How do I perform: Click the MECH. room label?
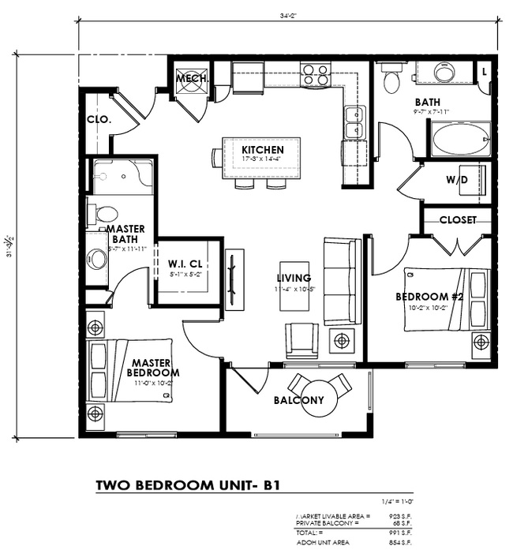coord(192,79)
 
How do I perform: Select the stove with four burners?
coord(316,75)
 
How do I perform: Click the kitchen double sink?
coord(354,122)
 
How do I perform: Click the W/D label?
coord(456,180)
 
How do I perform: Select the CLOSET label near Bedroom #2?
coord(458,219)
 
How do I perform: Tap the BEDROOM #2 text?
coord(428,297)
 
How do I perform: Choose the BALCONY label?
coord(298,400)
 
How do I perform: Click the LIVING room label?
coord(294,278)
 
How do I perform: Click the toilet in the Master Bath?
coord(103,213)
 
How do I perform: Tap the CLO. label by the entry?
coord(99,121)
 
